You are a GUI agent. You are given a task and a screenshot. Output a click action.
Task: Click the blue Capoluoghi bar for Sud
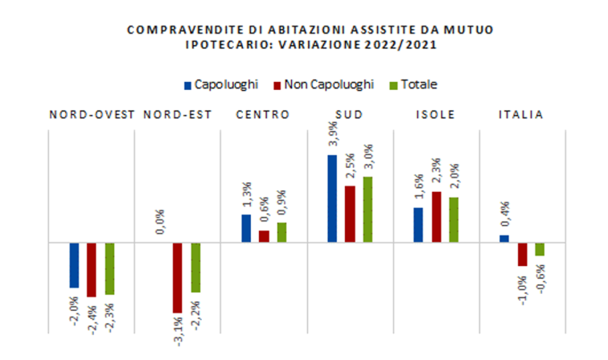click(332, 198)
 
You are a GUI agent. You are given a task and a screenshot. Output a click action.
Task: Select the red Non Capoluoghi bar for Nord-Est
click(178, 277)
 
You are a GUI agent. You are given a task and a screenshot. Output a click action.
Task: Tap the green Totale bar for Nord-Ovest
click(109, 268)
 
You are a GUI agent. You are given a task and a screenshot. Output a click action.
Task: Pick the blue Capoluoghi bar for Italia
click(504, 238)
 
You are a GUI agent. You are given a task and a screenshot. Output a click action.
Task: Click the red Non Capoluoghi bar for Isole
click(437, 216)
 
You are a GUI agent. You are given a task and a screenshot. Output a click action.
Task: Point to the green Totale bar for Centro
click(281, 231)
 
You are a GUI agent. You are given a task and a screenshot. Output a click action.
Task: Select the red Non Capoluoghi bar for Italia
click(522, 254)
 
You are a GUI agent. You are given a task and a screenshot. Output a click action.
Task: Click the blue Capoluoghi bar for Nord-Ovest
click(74, 264)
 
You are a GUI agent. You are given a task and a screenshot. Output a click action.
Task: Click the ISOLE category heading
click(437, 114)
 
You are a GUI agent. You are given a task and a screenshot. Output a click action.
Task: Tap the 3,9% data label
click(331, 137)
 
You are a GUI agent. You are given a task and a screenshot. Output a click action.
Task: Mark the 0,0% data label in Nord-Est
click(161, 221)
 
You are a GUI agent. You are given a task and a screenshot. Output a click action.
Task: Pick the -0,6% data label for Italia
click(540, 277)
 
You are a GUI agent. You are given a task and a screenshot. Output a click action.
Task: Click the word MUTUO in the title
click(474, 30)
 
